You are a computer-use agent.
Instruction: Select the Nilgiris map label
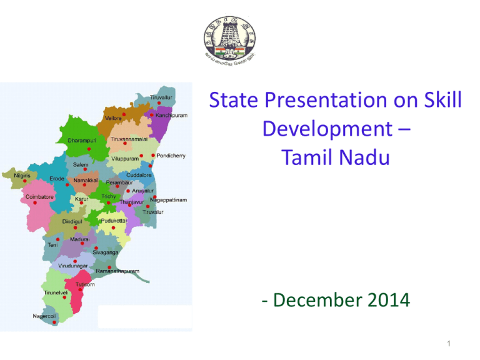click(x=26, y=176)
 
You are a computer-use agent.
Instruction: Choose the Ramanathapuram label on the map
click(x=118, y=271)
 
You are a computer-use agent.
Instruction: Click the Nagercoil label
click(x=47, y=316)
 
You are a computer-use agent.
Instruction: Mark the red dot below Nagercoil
click(x=55, y=323)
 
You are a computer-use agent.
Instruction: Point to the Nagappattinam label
click(x=172, y=200)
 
